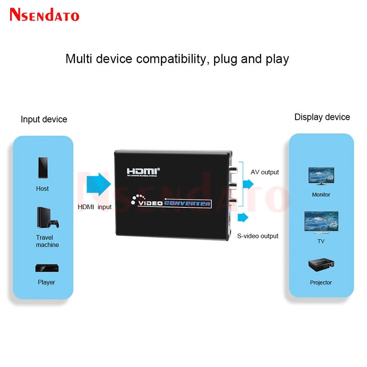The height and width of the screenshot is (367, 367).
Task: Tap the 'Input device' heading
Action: pos(44,119)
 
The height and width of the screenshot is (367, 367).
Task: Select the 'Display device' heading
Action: pos(322,117)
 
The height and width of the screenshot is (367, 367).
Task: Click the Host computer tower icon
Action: pos(43,169)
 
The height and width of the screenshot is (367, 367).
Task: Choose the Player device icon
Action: pos(46,268)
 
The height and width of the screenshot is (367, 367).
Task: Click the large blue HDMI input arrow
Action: pos(97,185)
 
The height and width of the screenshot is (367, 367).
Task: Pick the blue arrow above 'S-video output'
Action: pos(243,217)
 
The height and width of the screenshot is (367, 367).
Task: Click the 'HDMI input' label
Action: pos(95,207)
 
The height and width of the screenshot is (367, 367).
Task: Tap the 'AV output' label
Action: pos(265,172)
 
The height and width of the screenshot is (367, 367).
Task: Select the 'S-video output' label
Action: pos(258,236)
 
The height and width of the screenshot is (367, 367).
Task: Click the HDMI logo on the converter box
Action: pos(143,172)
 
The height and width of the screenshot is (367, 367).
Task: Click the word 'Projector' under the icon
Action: pos(321,283)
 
